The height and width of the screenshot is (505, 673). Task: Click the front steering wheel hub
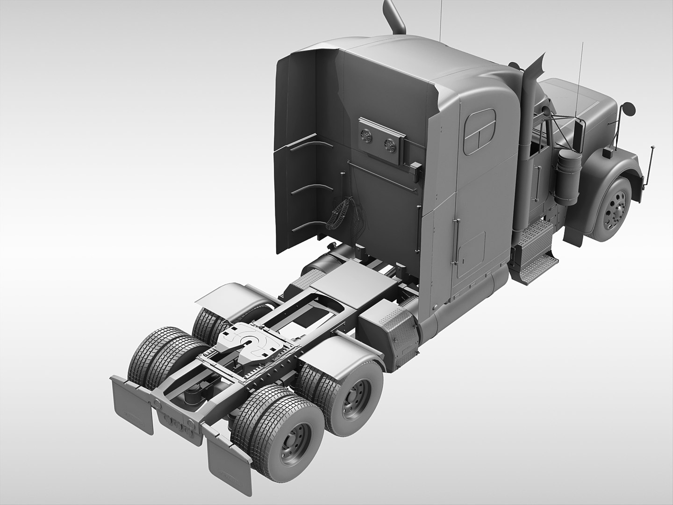click(612, 209)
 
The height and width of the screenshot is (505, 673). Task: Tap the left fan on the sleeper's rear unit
click(367, 137)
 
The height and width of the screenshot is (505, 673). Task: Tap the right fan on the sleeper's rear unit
click(388, 144)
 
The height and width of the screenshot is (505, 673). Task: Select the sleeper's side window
click(480, 133)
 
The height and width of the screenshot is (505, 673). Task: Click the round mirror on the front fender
click(629, 109)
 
